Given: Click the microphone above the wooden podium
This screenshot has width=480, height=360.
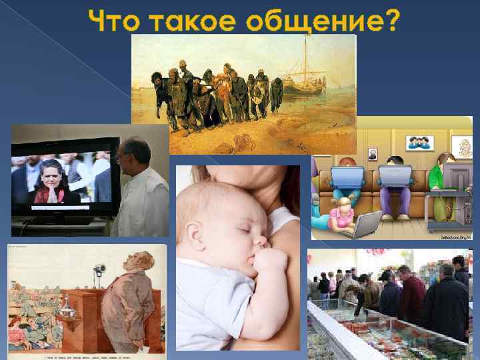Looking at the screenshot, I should click(x=100, y=271).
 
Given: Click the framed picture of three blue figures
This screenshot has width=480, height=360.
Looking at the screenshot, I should click(x=421, y=142).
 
